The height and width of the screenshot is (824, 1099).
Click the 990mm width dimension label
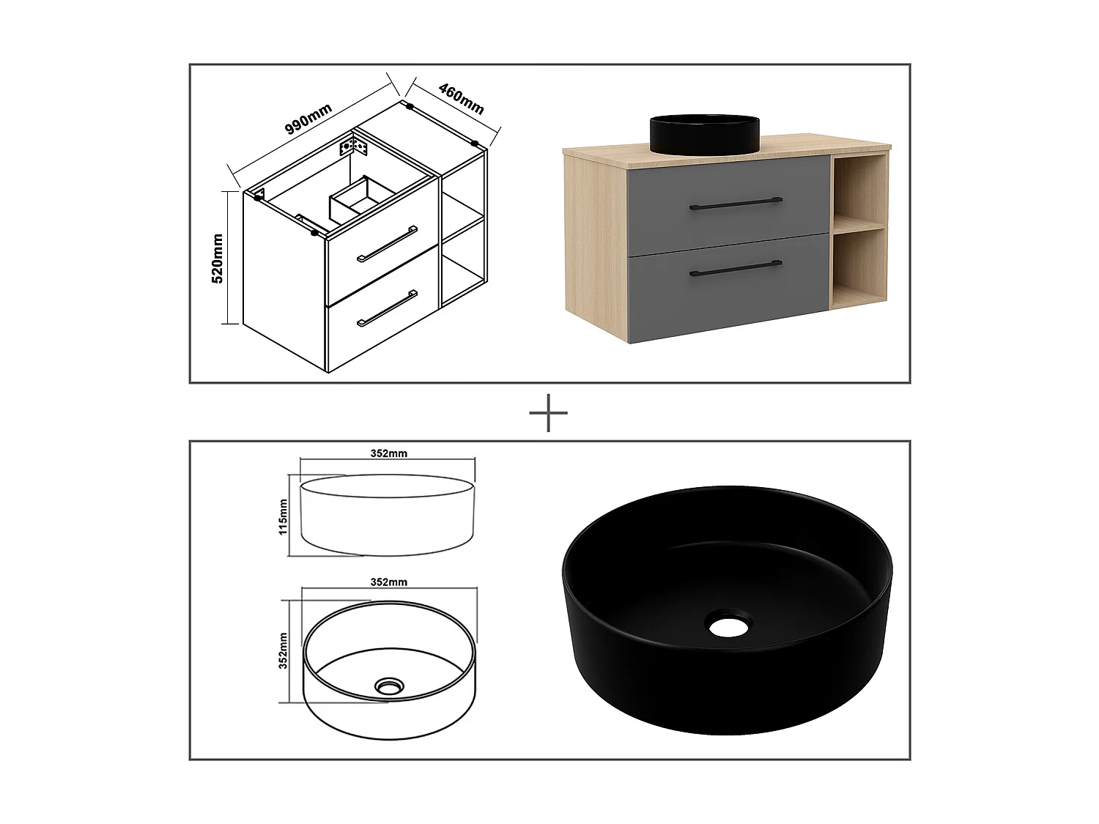[308, 119]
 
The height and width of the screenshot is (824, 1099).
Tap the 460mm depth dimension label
[462, 98]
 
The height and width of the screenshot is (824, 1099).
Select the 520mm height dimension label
[218, 258]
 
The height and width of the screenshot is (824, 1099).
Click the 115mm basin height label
[284, 517]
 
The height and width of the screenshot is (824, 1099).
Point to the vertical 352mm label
[284, 650]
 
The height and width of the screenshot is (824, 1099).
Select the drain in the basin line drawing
[388, 686]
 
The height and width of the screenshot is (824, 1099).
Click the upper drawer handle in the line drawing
[387, 244]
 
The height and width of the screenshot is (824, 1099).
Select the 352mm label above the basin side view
[388, 453]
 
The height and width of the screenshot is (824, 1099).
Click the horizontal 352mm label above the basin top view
[388, 582]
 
